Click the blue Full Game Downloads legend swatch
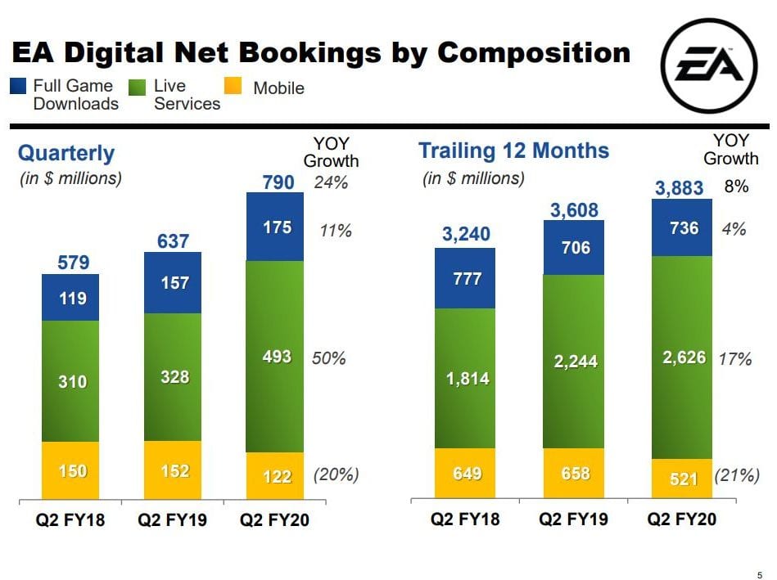[20, 85]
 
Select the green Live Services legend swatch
[140, 85]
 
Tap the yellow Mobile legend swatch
[233, 85]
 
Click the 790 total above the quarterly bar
[278, 182]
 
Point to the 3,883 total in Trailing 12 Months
[679, 188]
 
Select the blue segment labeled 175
[276, 227]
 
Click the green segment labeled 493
[276, 357]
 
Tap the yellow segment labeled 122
[276, 475]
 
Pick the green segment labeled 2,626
[682, 357]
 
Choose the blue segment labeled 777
[465, 278]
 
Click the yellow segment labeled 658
[574, 474]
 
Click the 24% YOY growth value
[331, 182]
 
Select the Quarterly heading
[66, 153]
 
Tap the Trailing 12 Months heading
[513, 151]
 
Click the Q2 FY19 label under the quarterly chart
[171, 520]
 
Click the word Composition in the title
[534, 53]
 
